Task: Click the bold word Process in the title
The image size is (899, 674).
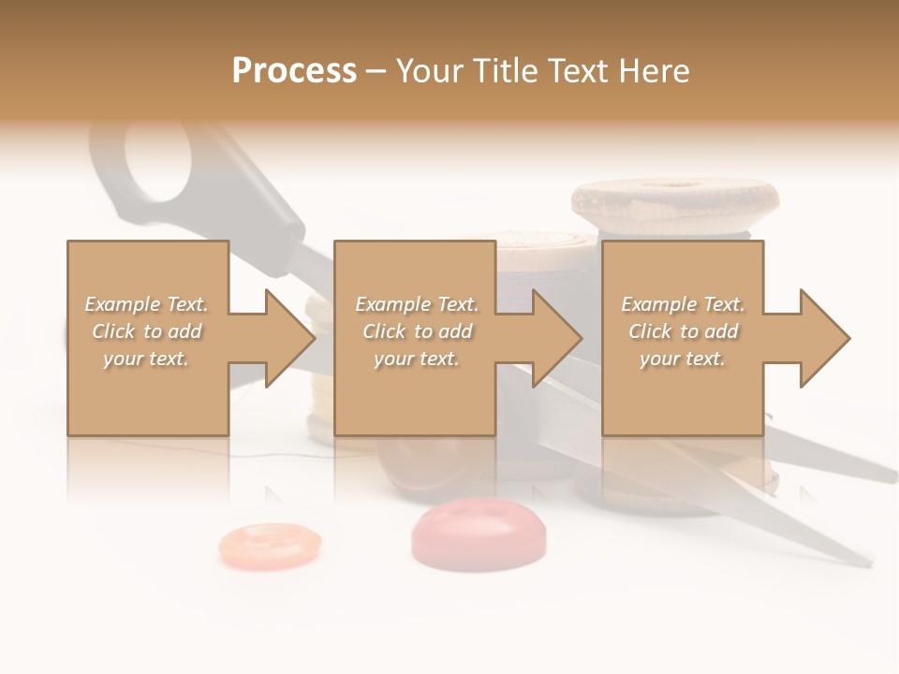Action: (294, 71)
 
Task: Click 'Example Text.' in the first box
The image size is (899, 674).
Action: (146, 304)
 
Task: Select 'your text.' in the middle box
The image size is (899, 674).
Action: (416, 359)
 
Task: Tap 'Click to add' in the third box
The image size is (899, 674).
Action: (683, 331)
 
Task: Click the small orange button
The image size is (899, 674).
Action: (270, 545)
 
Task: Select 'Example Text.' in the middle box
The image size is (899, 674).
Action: (416, 304)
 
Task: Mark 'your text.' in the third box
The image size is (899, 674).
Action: (683, 359)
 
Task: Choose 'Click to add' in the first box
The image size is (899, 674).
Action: (146, 331)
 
